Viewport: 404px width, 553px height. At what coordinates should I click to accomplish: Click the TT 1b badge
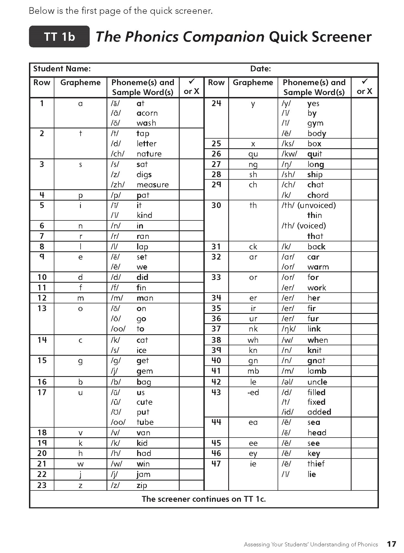pyautogui.click(x=59, y=37)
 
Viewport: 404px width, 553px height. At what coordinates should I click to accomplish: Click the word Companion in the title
pyautogui.click(x=223, y=37)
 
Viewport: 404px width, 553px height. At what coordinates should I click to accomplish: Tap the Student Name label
pyautogui.click(x=62, y=69)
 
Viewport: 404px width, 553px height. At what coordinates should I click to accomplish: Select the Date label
pyautogui.click(x=260, y=69)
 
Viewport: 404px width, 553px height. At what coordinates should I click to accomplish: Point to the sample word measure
pyautogui.click(x=153, y=185)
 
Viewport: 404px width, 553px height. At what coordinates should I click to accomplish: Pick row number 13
pyautogui.click(x=42, y=308)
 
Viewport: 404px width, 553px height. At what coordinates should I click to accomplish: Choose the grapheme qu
pyautogui.click(x=253, y=154)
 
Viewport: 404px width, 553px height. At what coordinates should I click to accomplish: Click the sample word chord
pyautogui.click(x=318, y=195)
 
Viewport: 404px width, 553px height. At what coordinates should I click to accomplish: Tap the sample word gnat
pyautogui.click(x=316, y=361)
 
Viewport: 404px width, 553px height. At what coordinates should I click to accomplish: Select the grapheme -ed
pyautogui.click(x=253, y=392)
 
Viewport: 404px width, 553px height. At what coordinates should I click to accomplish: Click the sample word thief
pyautogui.click(x=316, y=464)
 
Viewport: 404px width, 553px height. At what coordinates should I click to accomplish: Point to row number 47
pyautogui.click(x=216, y=464)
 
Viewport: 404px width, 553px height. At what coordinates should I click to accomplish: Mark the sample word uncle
pyautogui.click(x=317, y=382)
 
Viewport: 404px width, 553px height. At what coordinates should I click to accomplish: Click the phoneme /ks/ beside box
pyautogui.click(x=288, y=144)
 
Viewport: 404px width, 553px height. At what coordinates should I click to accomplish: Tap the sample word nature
pyautogui.click(x=149, y=154)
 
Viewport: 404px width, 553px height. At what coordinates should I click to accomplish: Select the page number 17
pyautogui.click(x=391, y=544)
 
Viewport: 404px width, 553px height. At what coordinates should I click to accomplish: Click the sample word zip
pyautogui.click(x=142, y=485)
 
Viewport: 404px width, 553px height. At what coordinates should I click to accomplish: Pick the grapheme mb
pyautogui.click(x=253, y=371)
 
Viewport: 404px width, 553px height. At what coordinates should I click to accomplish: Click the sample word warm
pyautogui.click(x=318, y=267)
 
